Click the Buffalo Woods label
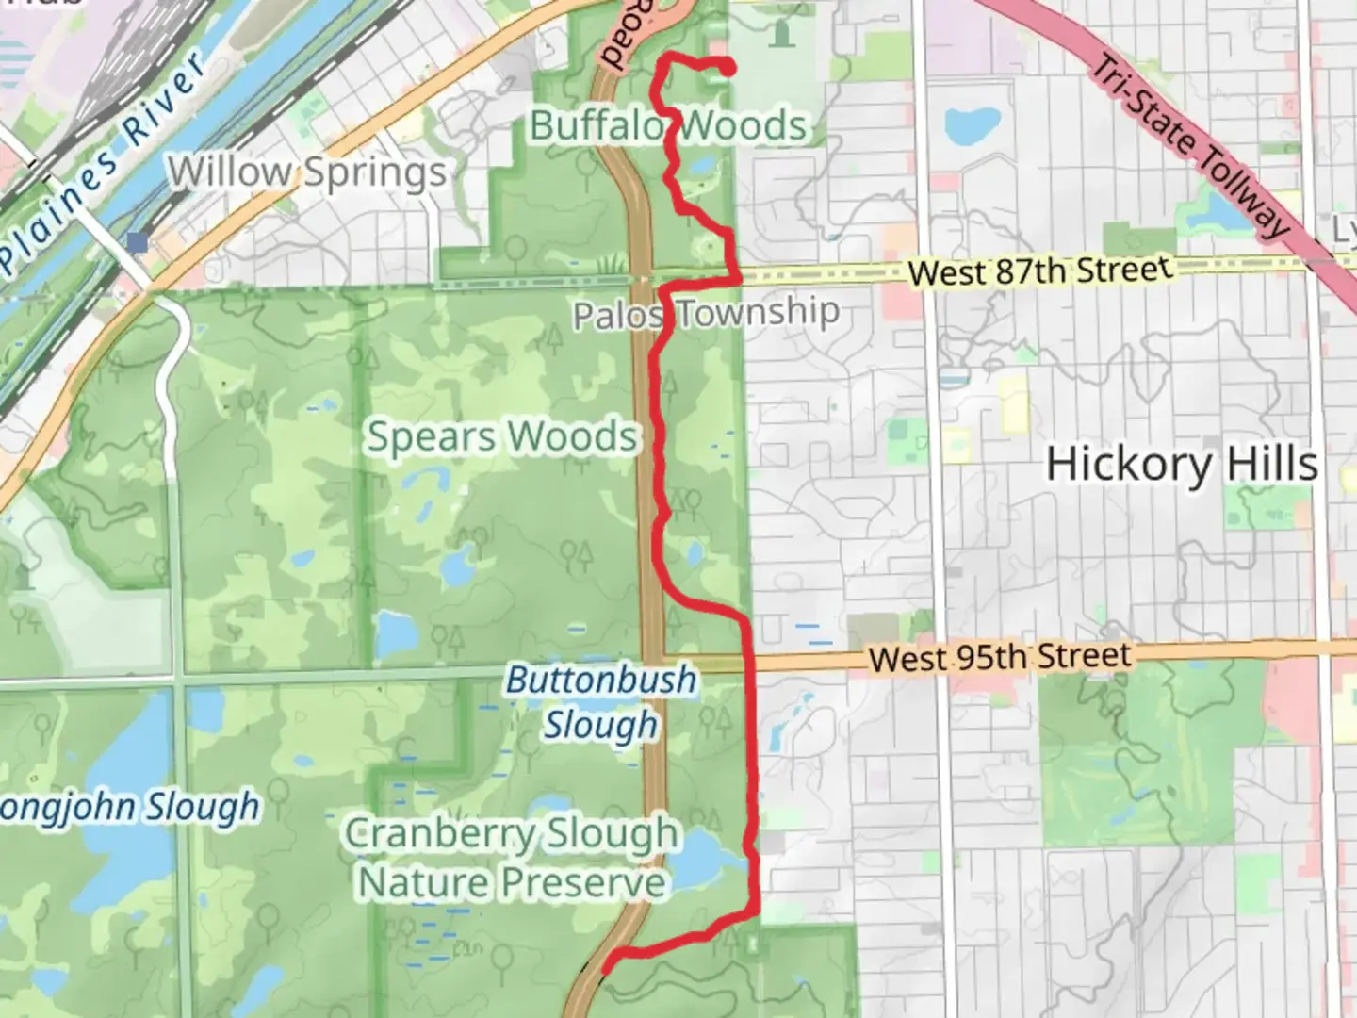(x=668, y=125)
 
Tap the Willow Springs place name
(x=308, y=172)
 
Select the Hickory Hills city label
(x=1182, y=465)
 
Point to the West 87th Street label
(x=1040, y=271)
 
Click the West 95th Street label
(x=999, y=657)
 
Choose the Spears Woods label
(x=502, y=437)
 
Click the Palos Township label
(x=706, y=313)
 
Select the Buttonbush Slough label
(x=600, y=702)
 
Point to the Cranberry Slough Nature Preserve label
(x=512, y=858)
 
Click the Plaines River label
(x=104, y=165)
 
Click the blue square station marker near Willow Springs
(x=139, y=242)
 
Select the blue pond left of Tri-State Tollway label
(x=972, y=123)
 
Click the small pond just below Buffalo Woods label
(x=702, y=167)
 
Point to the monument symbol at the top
(x=779, y=35)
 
